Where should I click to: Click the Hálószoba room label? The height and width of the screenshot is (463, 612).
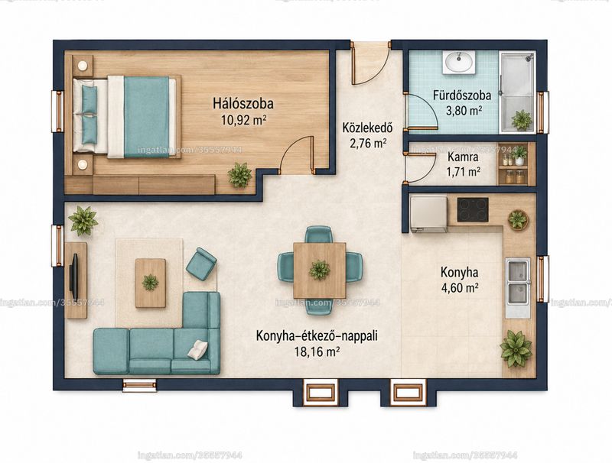pyautogui.click(x=243, y=104)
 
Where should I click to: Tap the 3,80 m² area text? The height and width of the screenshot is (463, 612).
pyautogui.click(x=464, y=111)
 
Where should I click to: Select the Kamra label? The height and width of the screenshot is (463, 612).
pyautogui.click(x=464, y=157)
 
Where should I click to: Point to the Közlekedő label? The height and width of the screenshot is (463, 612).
pyautogui.click(x=367, y=128)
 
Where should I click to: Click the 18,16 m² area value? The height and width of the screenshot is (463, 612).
pyautogui.click(x=317, y=352)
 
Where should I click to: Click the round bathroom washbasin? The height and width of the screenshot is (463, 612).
pyautogui.click(x=459, y=63)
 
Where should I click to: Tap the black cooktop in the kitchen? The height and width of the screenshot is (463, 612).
pyautogui.click(x=473, y=209)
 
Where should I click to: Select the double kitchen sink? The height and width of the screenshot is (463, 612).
pyautogui.click(x=518, y=282)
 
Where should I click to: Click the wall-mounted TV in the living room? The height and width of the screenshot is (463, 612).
pyautogui.click(x=73, y=277)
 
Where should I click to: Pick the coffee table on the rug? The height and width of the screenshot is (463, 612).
pyautogui.click(x=150, y=283)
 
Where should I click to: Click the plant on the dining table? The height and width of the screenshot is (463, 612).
pyautogui.click(x=320, y=270)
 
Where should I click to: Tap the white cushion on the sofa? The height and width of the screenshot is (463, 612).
pyautogui.click(x=198, y=349)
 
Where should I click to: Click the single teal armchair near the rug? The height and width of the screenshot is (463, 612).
pyautogui.click(x=201, y=264)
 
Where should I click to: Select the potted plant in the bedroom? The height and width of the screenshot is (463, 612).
pyautogui.click(x=239, y=175)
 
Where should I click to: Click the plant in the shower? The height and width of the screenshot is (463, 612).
pyautogui.click(x=522, y=120)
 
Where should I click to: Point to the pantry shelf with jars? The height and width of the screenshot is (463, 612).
pyautogui.click(x=513, y=164)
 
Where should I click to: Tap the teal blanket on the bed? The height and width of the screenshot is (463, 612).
pyautogui.click(x=147, y=117)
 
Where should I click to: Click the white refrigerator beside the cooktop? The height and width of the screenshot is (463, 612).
pyautogui.click(x=429, y=214)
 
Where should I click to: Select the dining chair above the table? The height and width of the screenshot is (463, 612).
pyautogui.click(x=319, y=235)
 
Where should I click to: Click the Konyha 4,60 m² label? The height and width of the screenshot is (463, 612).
pyautogui.click(x=460, y=280)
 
